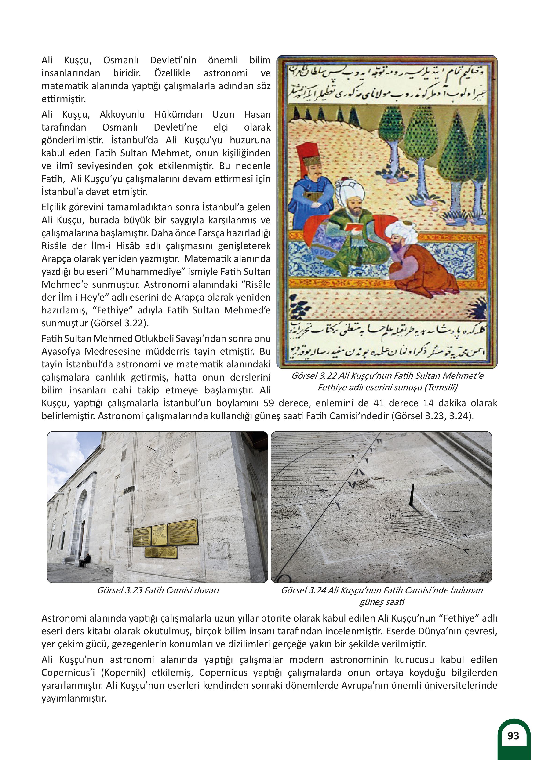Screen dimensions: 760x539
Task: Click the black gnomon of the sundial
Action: pos(412,496)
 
